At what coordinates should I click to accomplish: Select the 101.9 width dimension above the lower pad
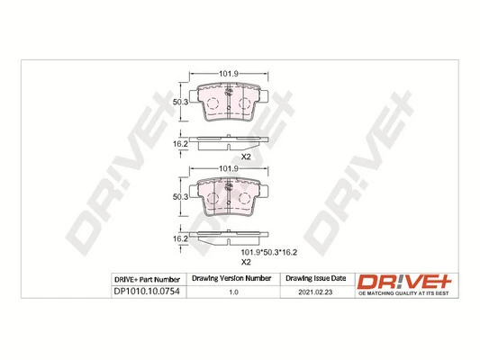tap(231, 167)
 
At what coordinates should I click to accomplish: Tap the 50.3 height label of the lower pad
tap(180, 197)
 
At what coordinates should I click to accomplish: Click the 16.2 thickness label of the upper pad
tap(180, 143)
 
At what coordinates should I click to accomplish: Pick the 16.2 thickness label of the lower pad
tap(180, 239)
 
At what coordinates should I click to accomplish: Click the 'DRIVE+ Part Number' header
tap(149, 279)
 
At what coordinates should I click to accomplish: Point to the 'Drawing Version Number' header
tap(233, 279)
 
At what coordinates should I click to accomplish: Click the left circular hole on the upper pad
tap(213, 105)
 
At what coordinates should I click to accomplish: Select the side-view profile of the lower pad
tap(231, 238)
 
